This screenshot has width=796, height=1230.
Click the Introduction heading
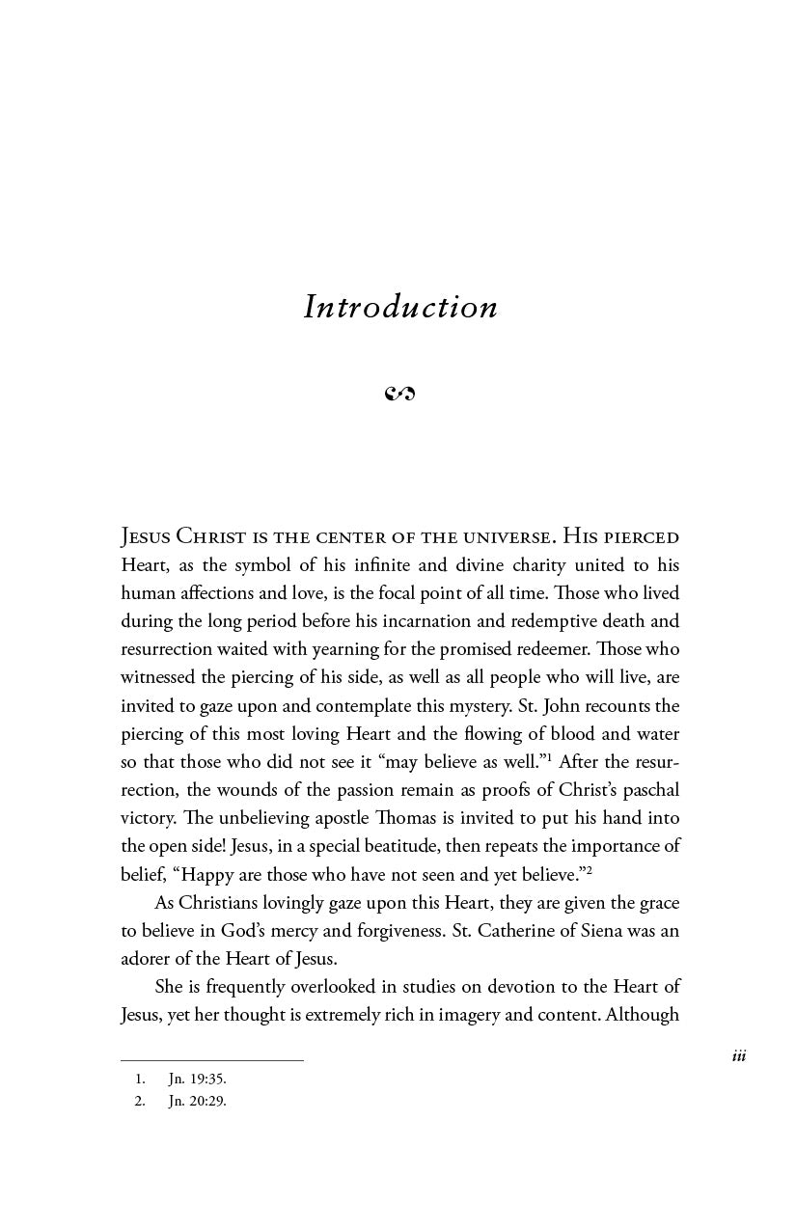[400, 308]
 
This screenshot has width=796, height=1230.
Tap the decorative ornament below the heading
[399, 394]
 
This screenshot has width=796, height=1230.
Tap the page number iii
[739, 1056]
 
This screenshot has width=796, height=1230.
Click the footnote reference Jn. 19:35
[197, 1080]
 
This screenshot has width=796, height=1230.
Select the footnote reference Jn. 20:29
[197, 1102]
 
